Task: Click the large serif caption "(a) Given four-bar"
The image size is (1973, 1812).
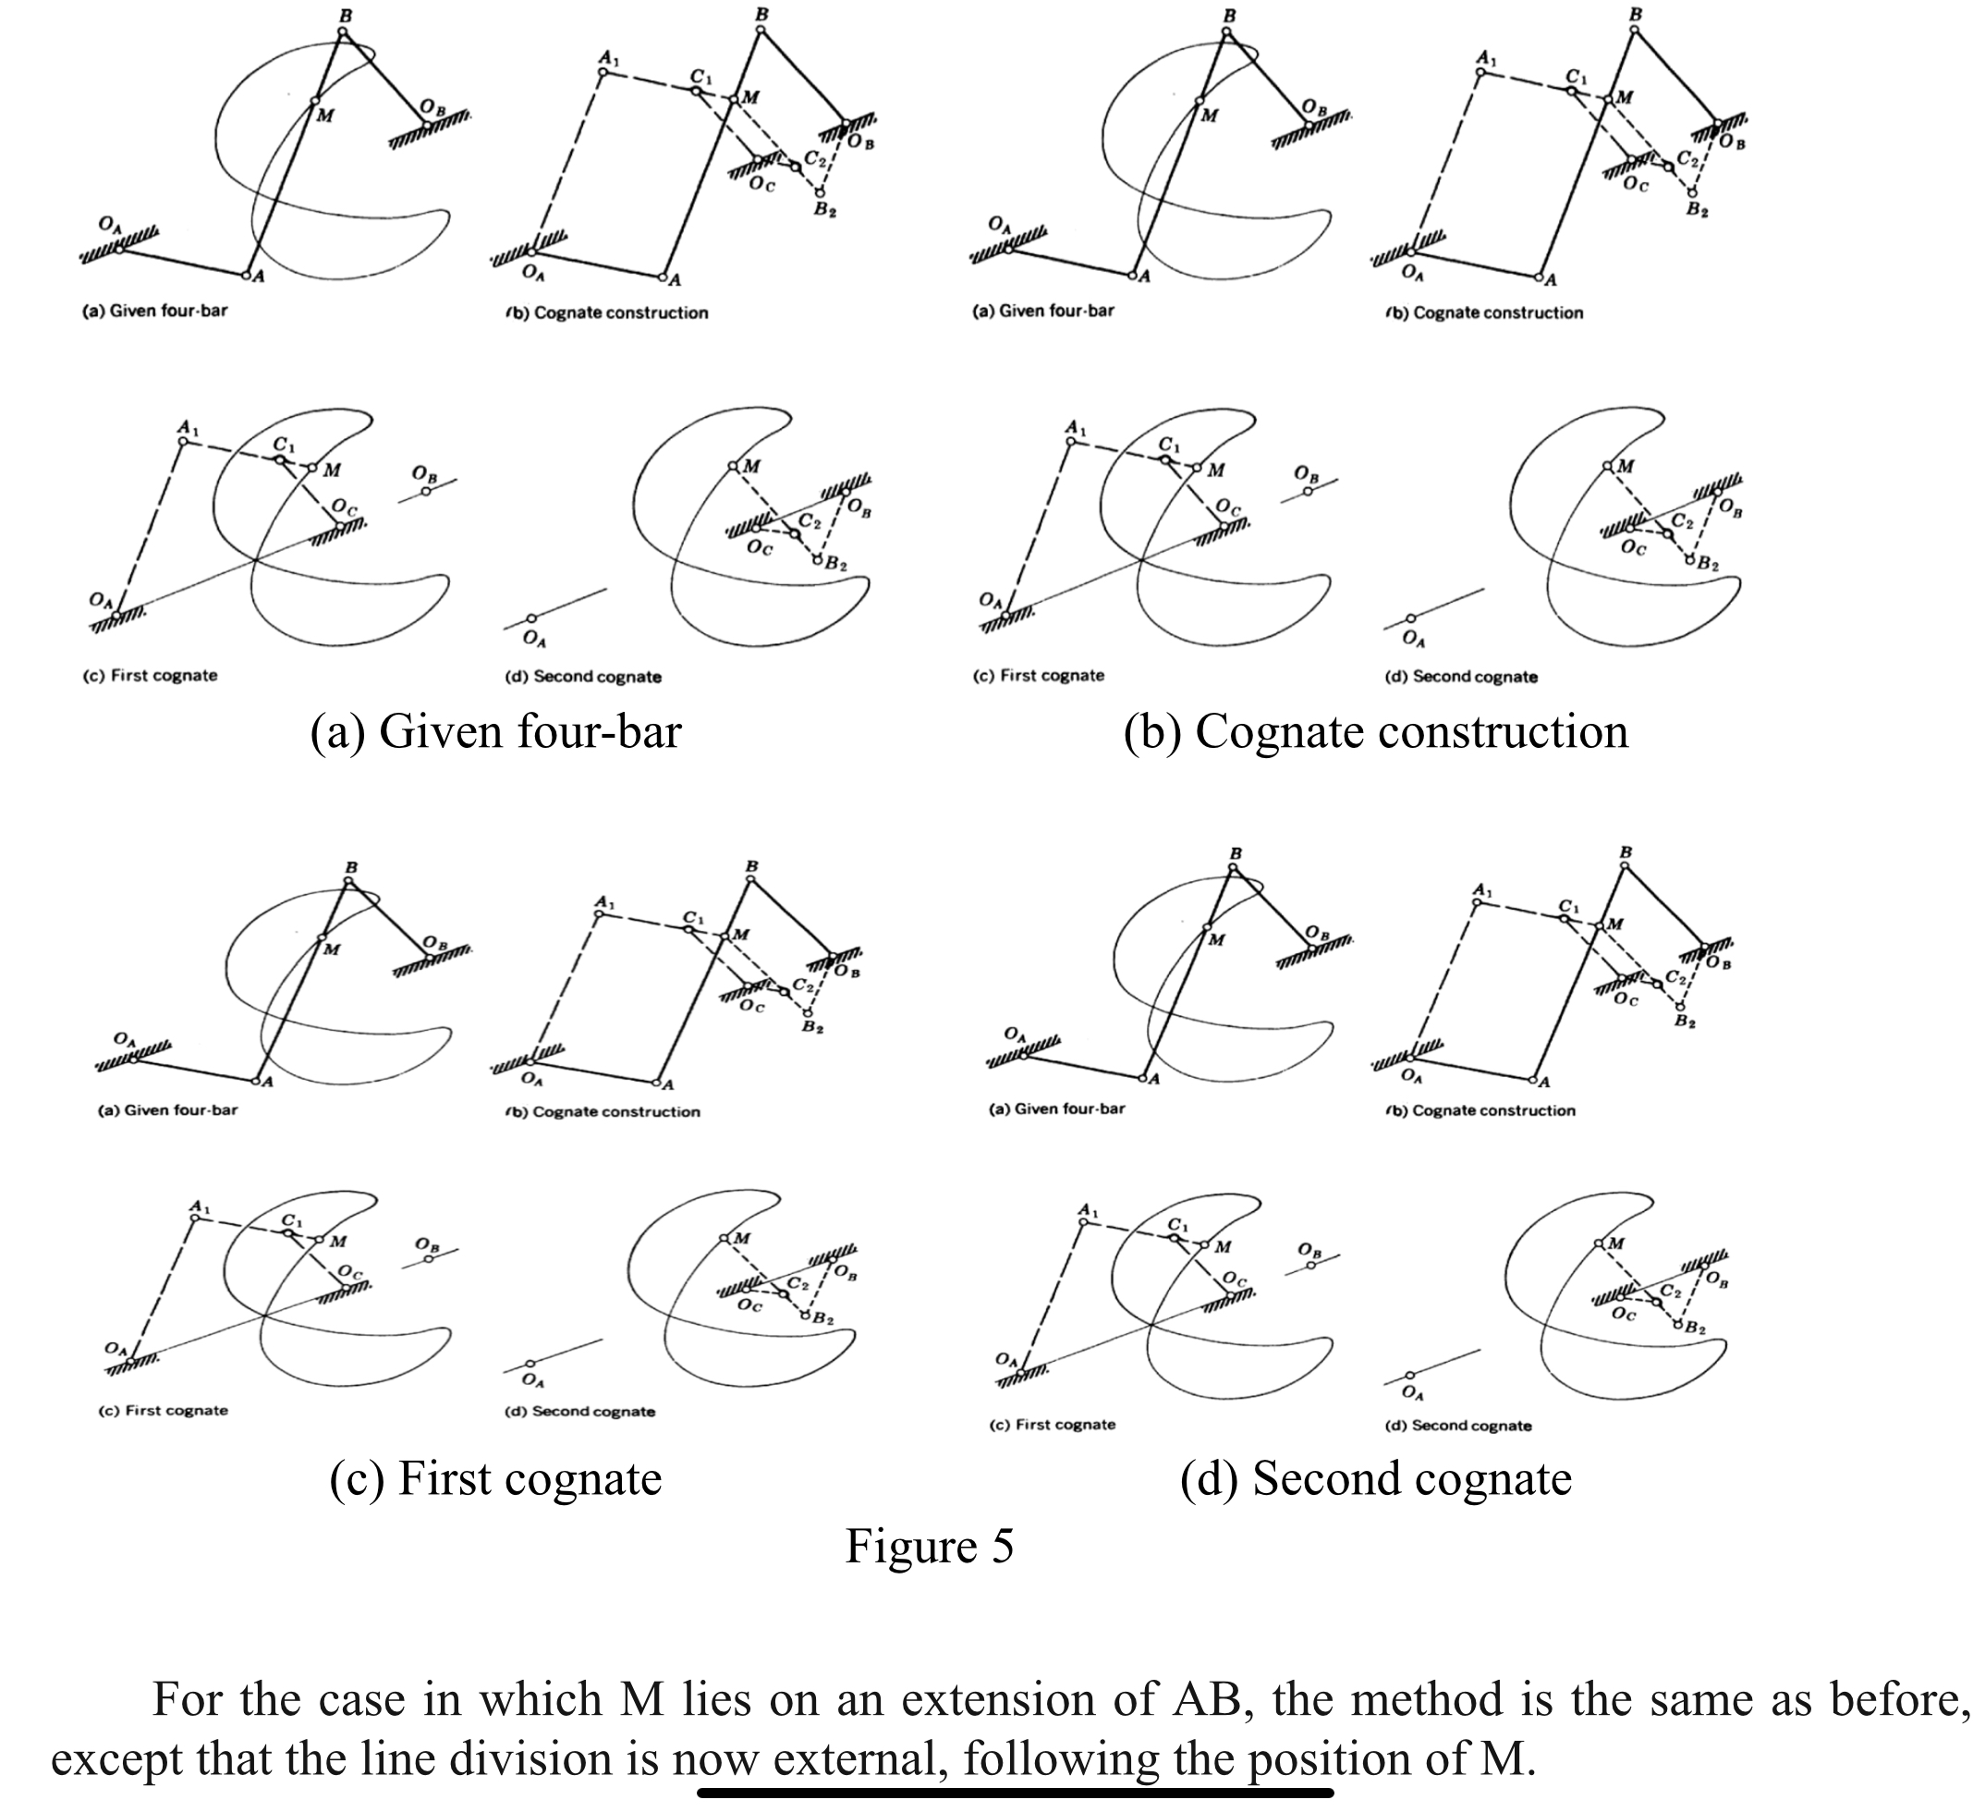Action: [x=495, y=732]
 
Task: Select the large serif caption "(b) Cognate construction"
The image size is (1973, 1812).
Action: [x=1375, y=732]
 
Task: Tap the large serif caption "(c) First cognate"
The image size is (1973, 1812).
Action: [x=495, y=1478]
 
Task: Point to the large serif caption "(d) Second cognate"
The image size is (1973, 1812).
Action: [x=1375, y=1478]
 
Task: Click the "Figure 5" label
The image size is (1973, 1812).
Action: [x=928, y=1547]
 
